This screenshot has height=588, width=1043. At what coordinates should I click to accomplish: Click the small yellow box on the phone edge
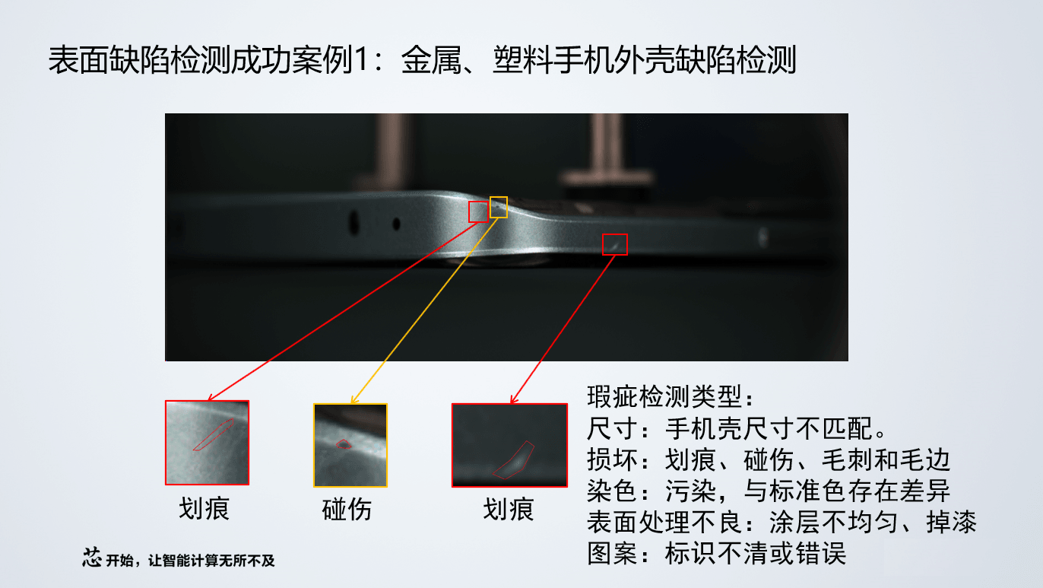(498, 207)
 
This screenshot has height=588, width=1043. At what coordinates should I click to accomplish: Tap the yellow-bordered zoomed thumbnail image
(350, 445)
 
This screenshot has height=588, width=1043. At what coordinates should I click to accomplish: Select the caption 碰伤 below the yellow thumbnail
(347, 510)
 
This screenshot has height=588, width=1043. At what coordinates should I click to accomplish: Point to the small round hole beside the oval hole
(396, 224)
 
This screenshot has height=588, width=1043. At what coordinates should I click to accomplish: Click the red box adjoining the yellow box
(478, 211)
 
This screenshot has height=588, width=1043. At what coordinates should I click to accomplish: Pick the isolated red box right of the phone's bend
(615, 244)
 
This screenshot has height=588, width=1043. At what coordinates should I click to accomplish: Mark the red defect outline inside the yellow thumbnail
(344, 444)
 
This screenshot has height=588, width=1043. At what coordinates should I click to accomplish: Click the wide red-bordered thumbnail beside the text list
(509, 445)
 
